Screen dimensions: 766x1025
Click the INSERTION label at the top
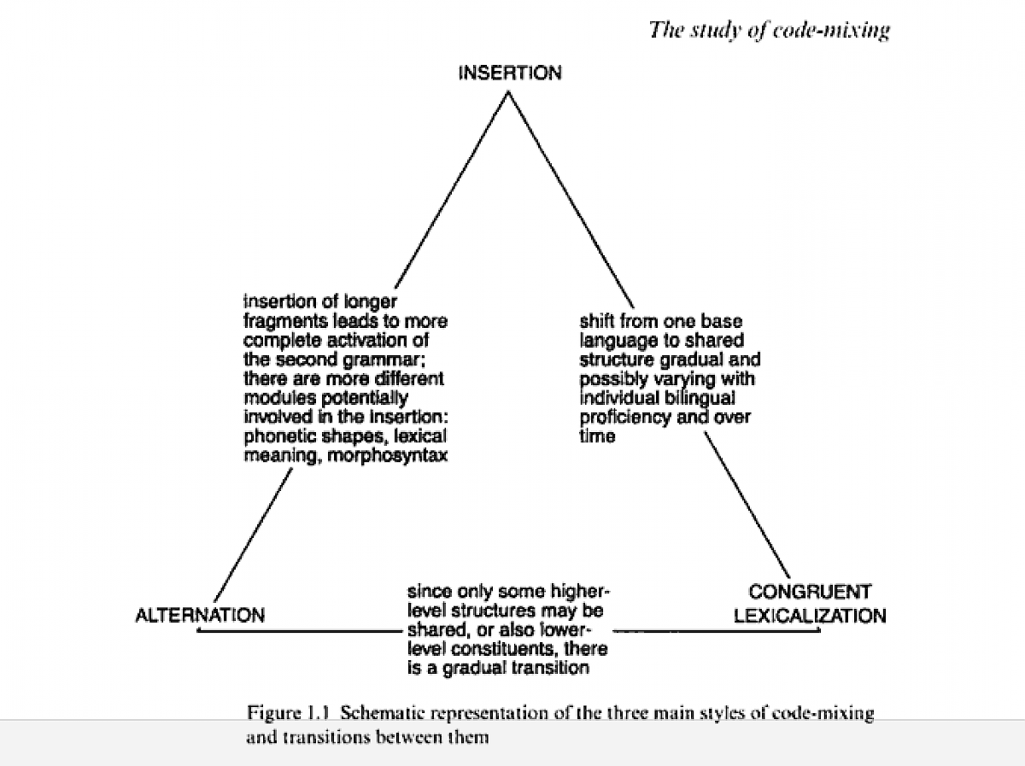(x=510, y=73)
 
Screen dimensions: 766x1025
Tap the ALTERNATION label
(x=200, y=615)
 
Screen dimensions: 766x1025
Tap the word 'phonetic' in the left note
(x=276, y=436)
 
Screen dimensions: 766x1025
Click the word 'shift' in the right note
(x=596, y=321)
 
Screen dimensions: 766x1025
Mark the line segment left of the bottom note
(x=299, y=631)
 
